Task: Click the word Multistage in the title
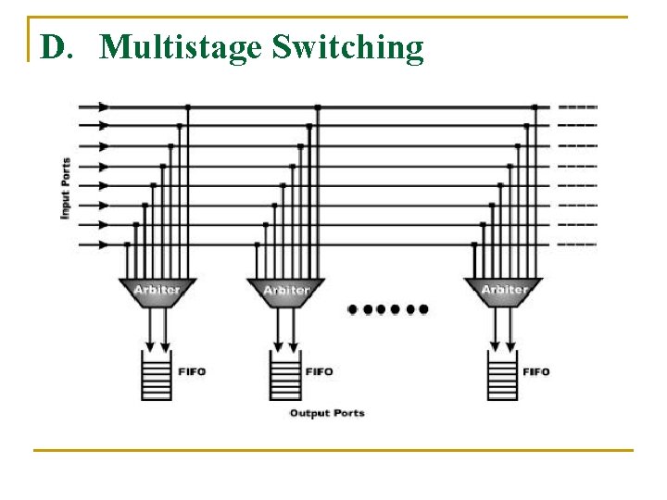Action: tap(182, 47)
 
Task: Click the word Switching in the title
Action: tap(347, 47)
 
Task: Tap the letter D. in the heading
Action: tap(56, 47)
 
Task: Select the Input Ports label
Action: tap(66, 189)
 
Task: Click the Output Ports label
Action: tap(327, 413)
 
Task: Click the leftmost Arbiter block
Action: tap(157, 290)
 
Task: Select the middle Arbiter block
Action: tap(285, 290)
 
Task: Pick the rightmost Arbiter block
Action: tap(503, 290)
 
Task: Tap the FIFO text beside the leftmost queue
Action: tap(191, 371)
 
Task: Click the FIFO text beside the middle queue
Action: tap(319, 371)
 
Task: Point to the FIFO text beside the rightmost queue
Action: tap(536, 371)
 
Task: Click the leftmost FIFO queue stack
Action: tap(157, 375)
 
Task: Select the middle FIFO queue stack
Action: tap(285, 375)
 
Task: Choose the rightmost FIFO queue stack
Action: tap(503, 375)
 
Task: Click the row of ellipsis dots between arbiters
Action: tap(388, 308)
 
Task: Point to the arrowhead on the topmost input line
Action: tap(103, 106)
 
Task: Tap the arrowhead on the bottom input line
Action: tap(103, 244)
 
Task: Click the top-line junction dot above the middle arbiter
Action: tap(317, 107)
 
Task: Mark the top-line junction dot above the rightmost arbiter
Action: tap(534, 107)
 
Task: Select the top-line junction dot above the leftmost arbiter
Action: tap(188, 107)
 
